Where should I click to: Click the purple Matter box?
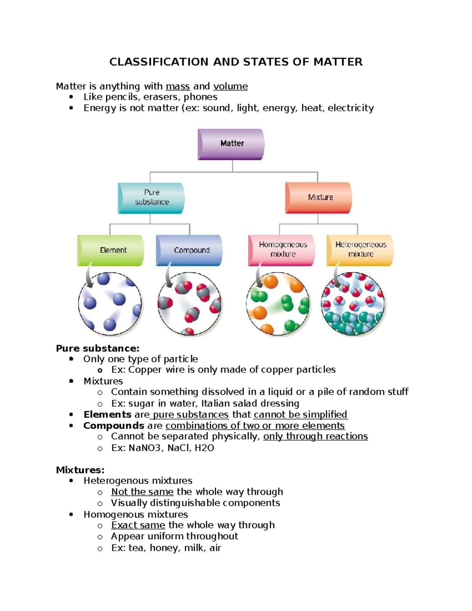pos(231,144)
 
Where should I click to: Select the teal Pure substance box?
pos(151,198)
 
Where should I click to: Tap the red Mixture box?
pos(319,198)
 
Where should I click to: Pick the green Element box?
pos(111,250)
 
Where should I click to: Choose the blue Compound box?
pos(190,250)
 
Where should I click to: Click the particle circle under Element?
pos(110,303)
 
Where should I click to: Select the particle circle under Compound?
pos(189,303)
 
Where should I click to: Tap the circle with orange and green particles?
pos(278,304)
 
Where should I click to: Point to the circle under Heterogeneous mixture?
pos(352,303)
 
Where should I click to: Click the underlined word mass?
pos(178,87)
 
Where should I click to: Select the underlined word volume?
pos(230,87)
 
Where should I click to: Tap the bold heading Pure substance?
pos(98,348)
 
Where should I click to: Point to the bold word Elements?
pos(107,415)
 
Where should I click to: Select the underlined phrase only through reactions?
pos(315,436)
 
